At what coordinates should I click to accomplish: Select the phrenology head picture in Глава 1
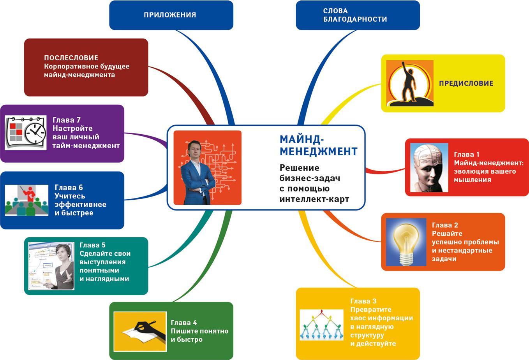coord(428,167)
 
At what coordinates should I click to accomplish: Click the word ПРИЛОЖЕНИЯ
coord(170,15)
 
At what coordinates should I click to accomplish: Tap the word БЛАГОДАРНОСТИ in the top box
coord(355,19)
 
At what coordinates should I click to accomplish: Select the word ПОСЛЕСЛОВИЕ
coord(71,58)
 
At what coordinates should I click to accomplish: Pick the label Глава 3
coord(363,301)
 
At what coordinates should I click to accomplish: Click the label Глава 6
coord(69,188)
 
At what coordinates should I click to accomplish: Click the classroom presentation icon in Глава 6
coord(24,200)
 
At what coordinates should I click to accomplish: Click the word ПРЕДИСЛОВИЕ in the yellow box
coord(466,83)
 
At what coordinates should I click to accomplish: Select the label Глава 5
coord(92,245)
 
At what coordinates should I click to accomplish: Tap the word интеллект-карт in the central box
coord(314,199)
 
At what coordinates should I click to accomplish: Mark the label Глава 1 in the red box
coord(466,155)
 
